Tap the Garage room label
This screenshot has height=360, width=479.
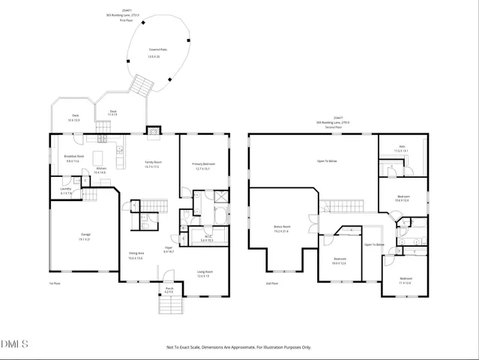86,235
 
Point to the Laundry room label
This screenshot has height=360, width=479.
66,190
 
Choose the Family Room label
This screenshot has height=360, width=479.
153,163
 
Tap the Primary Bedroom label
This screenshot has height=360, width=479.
203,165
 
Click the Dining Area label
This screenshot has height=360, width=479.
136,255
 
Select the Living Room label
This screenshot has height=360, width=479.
204,273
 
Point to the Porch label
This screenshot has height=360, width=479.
169,289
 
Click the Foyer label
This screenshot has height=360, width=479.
169,249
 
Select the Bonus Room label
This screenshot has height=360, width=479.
282,228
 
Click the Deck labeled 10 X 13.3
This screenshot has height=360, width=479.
73,117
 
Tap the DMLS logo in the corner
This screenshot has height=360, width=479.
15,343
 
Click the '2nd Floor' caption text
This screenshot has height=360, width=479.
271,283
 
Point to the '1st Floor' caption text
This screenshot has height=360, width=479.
55,283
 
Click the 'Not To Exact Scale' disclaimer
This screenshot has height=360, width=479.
238,347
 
